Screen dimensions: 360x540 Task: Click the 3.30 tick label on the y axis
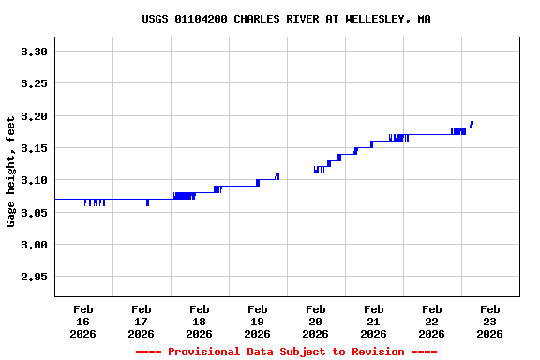[x=34, y=52]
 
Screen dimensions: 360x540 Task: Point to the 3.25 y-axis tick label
[x=34, y=83]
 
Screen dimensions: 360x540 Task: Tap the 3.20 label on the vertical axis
[x=34, y=116]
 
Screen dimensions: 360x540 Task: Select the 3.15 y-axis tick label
[x=34, y=148]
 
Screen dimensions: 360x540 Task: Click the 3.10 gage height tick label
[x=34, y=180]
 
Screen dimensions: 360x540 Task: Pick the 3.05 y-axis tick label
[x=34, y=213]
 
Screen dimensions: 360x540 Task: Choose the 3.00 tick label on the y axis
[x=34, y=245]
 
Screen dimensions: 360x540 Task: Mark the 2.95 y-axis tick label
[x=34, y=277]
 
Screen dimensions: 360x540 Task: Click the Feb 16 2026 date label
[x=82, y=321]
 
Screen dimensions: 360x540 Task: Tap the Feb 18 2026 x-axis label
[x=199, y=321]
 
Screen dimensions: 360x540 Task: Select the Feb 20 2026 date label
[x=315, y=321]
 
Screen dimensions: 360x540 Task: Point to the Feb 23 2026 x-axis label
[x=489, y=321]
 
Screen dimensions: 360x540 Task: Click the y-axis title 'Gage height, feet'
[x=11, y=172]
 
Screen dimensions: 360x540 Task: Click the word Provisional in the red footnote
[x=204, y=352]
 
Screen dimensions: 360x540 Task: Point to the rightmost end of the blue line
[x=472, y=122]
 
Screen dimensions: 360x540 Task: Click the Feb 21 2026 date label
[x=373, y=321]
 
